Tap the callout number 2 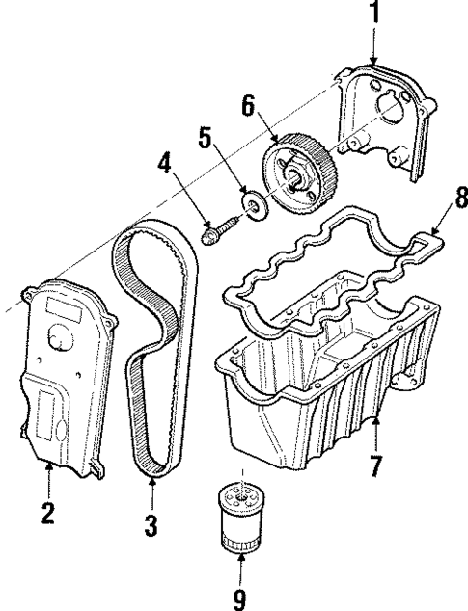click(x=47, y=513)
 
